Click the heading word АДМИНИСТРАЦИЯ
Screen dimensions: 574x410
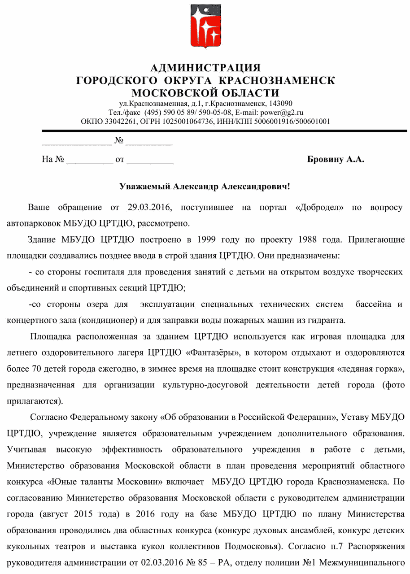[205, 68]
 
